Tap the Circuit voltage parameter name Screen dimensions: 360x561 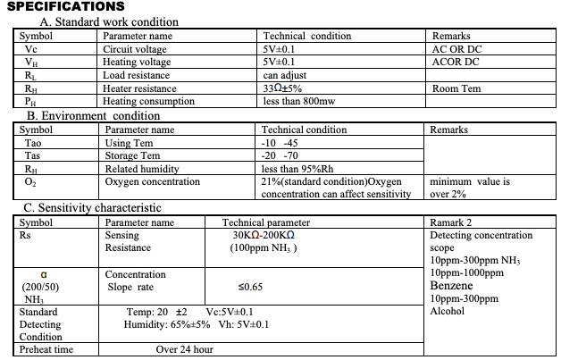coord(136,49)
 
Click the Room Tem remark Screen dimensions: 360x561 coord(456,88)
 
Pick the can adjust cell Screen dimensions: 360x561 coord(285,75)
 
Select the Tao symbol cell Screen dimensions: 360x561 coord(33,143)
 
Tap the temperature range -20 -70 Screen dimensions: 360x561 coord(279,156)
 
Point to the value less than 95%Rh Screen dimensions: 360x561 coord(297,169)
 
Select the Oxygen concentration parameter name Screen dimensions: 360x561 coord(152,182)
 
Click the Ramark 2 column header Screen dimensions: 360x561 coord(451,222)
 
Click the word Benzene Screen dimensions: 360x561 coord(451,286)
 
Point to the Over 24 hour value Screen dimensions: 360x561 coord(184,350)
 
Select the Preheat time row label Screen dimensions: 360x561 coord(46,350)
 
